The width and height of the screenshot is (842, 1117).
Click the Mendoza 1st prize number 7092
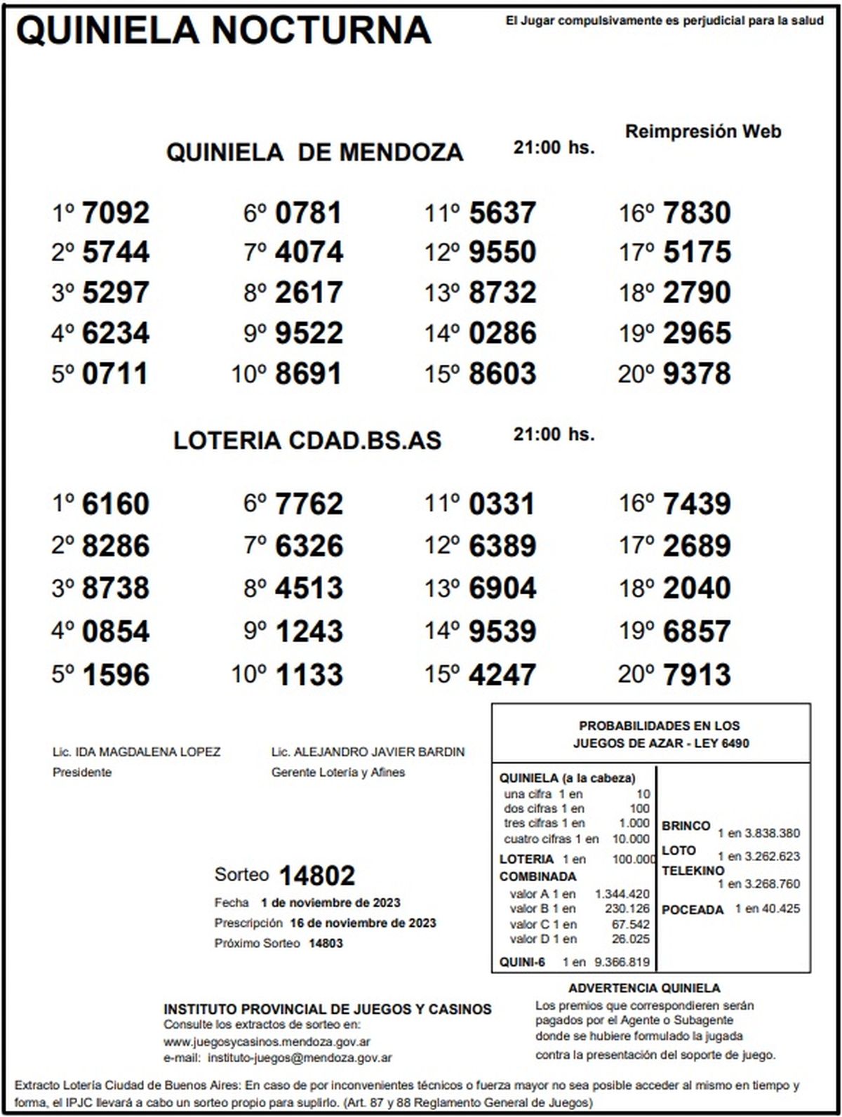pos(116,213)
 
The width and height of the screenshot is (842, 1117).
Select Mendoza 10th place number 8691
pos(309,374)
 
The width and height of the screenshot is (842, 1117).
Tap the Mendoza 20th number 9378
pos(696,374)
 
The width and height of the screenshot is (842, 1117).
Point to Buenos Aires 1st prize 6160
pos(116,504)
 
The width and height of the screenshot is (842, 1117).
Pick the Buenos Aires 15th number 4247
pos(502,675)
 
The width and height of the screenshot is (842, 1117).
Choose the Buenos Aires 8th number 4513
pos(309,588)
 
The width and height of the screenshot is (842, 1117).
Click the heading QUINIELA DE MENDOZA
pos(314,152)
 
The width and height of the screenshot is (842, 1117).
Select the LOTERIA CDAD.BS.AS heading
pos(307,440)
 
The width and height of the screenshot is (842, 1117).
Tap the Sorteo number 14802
pos(317,875)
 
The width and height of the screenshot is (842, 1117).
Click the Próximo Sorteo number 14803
pos(326,944)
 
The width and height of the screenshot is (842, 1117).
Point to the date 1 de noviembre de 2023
pos(330,903)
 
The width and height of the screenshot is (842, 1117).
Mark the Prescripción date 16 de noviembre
pos(363,923)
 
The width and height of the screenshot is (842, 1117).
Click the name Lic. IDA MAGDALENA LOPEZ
pos(137,752)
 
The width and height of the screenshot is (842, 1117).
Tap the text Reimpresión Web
pos(703,131)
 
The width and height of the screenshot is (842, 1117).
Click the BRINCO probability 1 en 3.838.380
pos(759,834)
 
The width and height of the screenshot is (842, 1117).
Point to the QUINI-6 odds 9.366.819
pos(622,963)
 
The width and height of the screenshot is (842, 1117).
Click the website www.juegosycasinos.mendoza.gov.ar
pos(267,1042)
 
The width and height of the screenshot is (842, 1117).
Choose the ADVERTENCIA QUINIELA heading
pos(644,988)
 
